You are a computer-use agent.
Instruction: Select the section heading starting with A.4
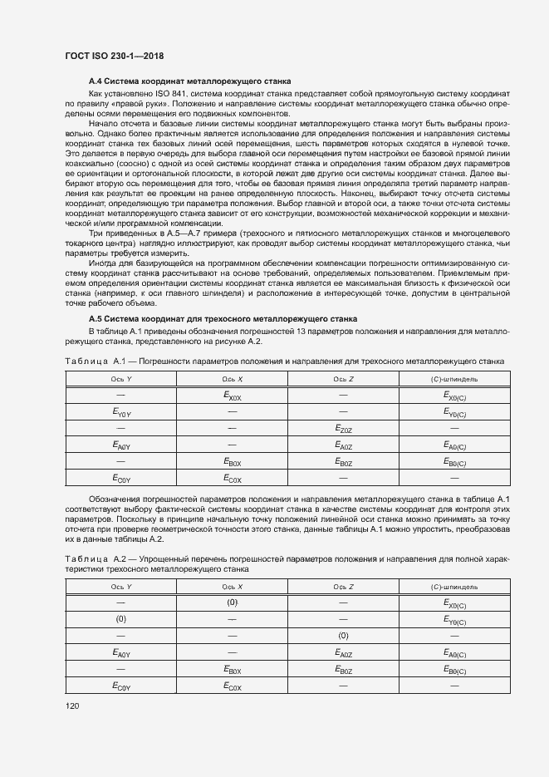189,81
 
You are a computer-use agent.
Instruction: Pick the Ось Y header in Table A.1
121,380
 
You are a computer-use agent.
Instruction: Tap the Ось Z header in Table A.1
344,380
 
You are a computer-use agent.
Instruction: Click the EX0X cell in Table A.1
233,396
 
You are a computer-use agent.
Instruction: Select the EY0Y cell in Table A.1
121,412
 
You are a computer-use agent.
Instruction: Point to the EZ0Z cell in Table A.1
344,429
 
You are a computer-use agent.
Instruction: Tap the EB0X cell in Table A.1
233,461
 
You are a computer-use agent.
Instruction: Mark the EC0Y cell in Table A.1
121,478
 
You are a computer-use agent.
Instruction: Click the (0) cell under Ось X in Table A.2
233,603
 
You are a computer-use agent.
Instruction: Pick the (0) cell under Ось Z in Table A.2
344,636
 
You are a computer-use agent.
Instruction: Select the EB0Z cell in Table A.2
344,669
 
